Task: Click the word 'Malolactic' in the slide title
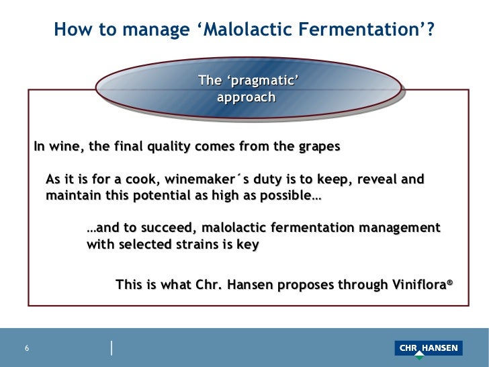tap(261, 30)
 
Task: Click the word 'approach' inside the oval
tap(247, 97)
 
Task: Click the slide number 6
tap(27, 348)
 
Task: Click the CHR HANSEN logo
tap(429, 348)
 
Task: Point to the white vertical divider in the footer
tap(112, 348)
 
